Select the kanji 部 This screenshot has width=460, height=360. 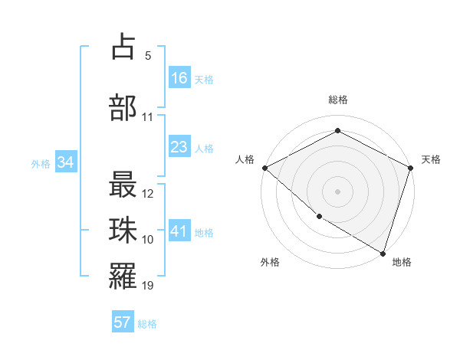click(123, 106)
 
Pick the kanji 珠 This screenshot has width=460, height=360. click(123, 231)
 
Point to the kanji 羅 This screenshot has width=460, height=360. click(123, 277)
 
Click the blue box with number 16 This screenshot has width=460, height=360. click(179, 78)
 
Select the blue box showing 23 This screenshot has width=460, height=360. click(179, 147)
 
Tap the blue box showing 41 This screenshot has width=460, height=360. click(179, 232)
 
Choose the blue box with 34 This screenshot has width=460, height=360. click(65, 162)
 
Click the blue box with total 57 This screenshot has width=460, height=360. click(123, 322)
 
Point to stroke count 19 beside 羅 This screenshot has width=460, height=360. click(148, 286)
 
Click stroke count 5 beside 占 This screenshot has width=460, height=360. click(147, 55)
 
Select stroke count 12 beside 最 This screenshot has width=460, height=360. click(148, 193)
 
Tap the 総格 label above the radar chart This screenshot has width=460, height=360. click(338, 100)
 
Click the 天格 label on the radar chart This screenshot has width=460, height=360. click(431, 159)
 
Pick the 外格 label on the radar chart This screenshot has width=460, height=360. click(269, 262)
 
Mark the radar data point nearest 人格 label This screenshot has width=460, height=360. click(264, 168)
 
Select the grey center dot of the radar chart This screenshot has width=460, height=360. click(337, 191)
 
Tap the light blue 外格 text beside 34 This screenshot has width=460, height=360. click(41, 163)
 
